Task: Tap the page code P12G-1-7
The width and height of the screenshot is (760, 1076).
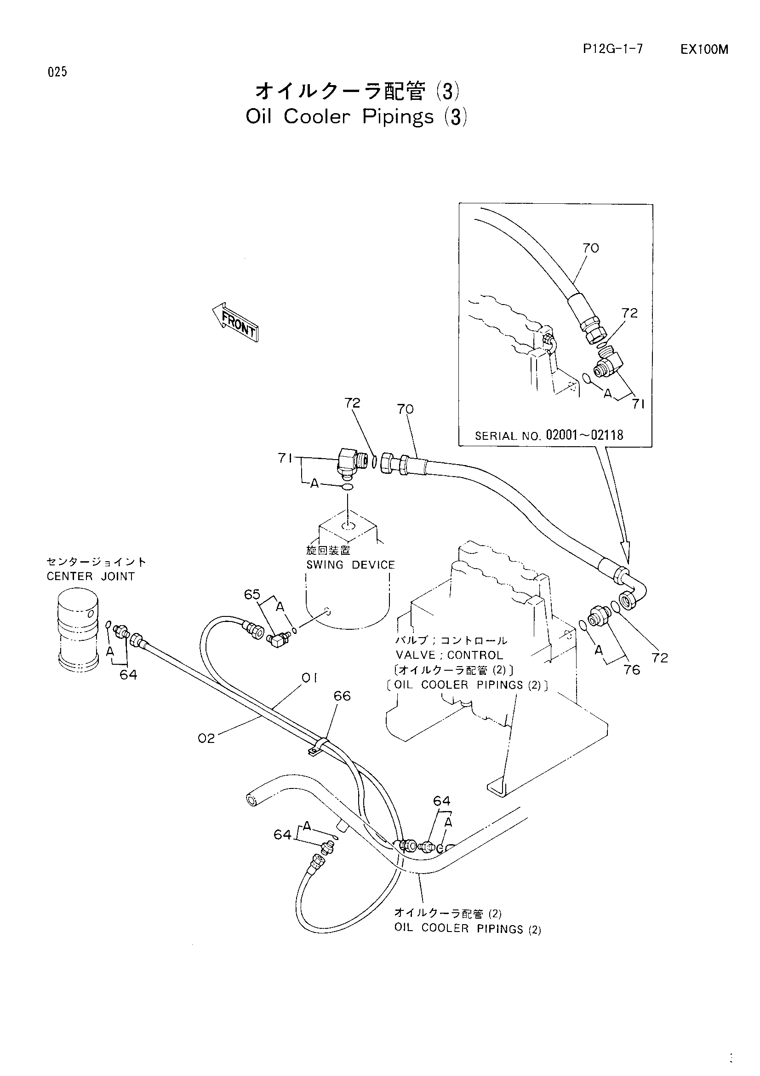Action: (x=613, y=49)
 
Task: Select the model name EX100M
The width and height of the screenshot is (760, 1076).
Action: (x=704, y=50)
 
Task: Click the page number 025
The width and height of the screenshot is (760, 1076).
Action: (x=57, y=72)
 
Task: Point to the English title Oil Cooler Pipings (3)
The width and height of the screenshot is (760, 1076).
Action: (x=356, y=117)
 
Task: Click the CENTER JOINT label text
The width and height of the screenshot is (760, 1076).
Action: (x=91, y=576)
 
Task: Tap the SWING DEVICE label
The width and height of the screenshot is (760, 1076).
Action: (x=351, y=565)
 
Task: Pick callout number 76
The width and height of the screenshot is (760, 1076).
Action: (x=632, y=670)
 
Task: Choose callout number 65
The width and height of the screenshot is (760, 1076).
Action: (x=252, y=594)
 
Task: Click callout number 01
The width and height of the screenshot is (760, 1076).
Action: (x=309, y=678)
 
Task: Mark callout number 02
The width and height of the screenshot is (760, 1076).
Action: (x=206, y=739)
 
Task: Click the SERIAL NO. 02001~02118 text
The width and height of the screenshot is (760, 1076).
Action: (x=549, y=435)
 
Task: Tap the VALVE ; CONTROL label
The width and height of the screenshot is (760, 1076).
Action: (x=449, y=655)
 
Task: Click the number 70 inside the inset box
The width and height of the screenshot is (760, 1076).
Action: (x=590, y=248)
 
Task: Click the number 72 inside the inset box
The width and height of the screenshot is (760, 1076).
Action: (x=629, y=313)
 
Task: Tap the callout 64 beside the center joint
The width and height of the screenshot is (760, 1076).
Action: (x=128, y=674)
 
